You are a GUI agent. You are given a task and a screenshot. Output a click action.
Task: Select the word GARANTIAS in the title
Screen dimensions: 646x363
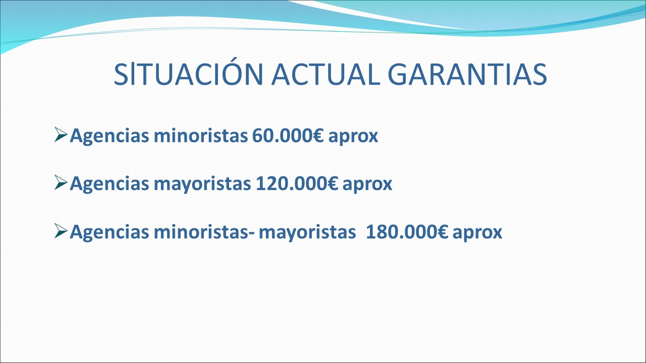coord(467,74)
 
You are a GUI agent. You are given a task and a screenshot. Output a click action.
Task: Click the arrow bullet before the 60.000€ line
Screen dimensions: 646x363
coord(61,135)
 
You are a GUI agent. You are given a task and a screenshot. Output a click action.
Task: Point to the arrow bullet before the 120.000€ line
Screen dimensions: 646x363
coord(61,183)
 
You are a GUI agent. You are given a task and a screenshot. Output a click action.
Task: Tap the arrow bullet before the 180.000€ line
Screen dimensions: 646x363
coord(61,231)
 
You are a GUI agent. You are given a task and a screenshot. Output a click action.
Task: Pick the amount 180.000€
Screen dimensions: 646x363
coord(407,231)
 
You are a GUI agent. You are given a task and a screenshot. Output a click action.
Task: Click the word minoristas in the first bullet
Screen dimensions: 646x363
coord(201,135)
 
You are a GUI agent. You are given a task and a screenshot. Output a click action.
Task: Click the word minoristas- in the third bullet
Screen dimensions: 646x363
coord(205,231)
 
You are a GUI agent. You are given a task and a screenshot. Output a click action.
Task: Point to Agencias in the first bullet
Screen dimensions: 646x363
coord(110,136)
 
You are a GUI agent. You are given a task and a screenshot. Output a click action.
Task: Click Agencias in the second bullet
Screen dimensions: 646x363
coord(110,184)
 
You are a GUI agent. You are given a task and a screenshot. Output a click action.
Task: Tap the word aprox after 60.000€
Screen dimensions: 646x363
coord(353,137)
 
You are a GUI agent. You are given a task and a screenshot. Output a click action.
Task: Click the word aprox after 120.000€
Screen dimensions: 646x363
coord(367,185)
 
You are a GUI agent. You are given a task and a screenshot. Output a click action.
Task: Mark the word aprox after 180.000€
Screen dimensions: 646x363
coord(477,233)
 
